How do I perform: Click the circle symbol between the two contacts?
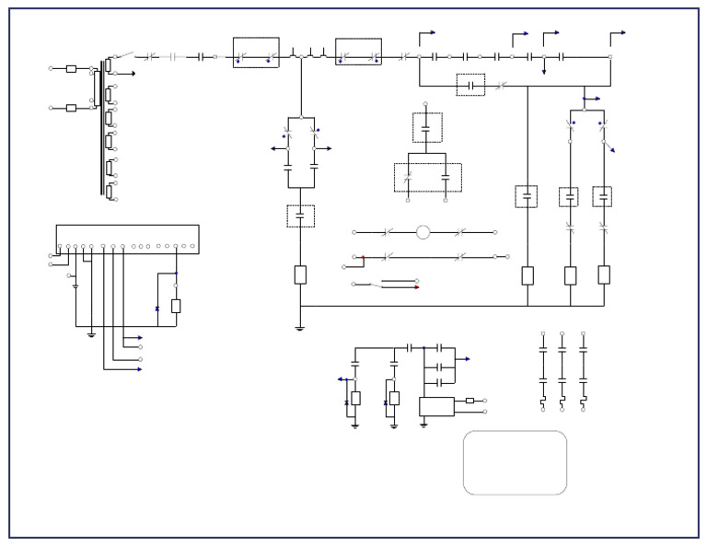423,232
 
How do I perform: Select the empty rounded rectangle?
515,462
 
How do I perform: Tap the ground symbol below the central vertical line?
300,327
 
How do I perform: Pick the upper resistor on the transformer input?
71,68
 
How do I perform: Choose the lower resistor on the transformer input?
71,108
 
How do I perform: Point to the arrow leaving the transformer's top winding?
132,74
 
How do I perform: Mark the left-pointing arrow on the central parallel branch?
276,148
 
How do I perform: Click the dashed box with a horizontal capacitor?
470,85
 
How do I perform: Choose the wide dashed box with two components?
428,177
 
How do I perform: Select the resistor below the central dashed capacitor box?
300,274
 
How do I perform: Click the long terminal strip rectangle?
127,238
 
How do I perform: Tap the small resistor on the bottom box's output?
469,401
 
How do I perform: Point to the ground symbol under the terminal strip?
91,334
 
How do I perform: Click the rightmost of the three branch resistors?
604,274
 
